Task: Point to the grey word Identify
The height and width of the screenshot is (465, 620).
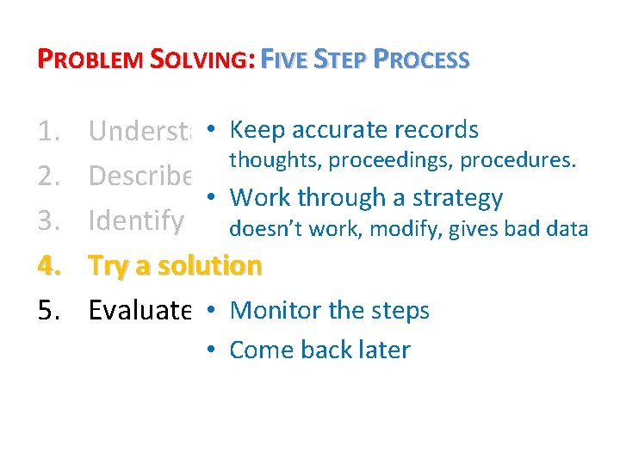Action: point(135,221)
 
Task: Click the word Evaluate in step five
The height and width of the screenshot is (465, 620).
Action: point(139,311)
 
